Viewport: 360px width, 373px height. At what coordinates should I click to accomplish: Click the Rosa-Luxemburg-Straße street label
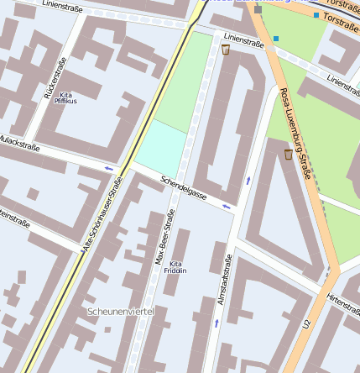pyautogui.click(x=296, y=133)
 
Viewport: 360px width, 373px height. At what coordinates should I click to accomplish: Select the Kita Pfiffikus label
pyautogui.click(x=65, y=97)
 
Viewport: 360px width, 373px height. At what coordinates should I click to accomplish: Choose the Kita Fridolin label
pyautogui.click(x=175, y=267)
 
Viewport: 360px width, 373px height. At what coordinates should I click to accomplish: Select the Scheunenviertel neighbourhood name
pyautogui.click(x=121, y=312)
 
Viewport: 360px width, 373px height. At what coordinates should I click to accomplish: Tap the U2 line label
pyautogui.click(x=307, y=323)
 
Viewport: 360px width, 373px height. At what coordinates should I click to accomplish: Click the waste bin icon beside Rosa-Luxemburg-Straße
pyautogui.click(x=288, y=155)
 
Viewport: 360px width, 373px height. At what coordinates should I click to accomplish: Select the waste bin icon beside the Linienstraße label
pyautogui.click(x=225, y=50)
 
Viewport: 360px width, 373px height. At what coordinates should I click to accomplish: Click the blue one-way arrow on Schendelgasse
pyautogui.click(x=226, y=206)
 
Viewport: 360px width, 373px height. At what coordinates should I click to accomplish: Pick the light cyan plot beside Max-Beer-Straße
pyautogui.click(x=159, y=144)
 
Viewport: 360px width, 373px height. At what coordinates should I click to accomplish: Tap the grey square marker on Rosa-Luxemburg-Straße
pyautogui.click(x=258, y=10)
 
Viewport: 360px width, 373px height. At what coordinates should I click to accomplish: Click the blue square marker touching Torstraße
pyautogui.click(x=316, y=15)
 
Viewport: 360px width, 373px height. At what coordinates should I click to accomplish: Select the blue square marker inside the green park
pyautogui.click(x=275, y=38)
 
